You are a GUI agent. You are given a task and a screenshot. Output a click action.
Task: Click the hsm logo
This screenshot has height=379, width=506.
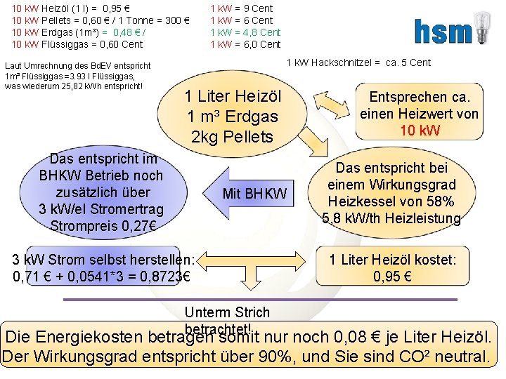(441, 32)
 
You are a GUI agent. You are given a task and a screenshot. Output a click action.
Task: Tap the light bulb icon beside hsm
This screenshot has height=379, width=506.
(481, 28)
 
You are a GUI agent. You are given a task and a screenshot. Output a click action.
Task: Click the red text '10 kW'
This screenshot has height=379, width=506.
(420, 131)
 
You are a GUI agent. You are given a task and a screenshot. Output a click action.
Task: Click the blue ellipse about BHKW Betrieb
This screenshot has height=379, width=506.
(101, 192)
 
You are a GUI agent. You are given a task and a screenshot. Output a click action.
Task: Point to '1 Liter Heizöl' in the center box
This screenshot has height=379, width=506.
(233, 97)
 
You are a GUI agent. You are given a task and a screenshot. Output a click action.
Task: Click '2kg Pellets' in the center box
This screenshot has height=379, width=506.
(232, 137)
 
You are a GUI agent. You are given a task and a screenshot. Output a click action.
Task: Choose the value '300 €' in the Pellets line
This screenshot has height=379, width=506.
(174, 20)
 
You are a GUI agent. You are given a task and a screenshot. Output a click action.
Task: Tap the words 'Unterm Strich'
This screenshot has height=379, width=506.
(226, 312)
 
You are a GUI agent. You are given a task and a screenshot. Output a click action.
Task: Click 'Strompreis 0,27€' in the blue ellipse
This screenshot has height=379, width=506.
(103, 226)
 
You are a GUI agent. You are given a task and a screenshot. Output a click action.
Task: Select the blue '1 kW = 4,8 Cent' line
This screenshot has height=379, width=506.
(246, 32)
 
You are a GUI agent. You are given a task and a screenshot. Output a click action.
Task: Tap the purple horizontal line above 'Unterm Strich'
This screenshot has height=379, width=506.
(260, 300)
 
